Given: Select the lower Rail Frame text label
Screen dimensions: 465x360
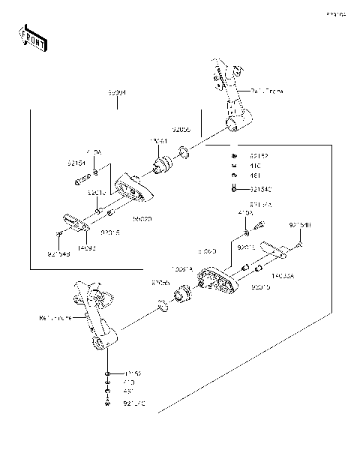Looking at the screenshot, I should click(55, 318).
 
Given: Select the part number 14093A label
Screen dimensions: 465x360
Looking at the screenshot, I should click(283, 276).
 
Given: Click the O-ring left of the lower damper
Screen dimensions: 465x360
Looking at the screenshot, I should click(162, 305).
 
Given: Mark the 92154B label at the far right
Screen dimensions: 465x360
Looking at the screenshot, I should click(300, 225).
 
